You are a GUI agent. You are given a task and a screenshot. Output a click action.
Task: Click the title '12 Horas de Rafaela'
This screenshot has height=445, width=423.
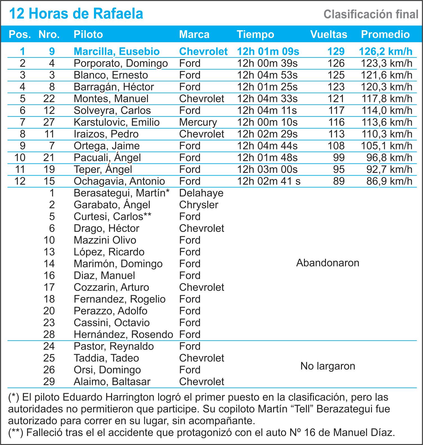click(76, 14)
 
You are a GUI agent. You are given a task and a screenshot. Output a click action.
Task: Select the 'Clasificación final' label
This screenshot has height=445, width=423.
click(371, 14)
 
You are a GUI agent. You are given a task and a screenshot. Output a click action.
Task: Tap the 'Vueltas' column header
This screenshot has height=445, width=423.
click(328, 34)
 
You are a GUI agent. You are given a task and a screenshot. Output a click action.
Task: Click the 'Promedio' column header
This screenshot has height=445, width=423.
click(385, 34)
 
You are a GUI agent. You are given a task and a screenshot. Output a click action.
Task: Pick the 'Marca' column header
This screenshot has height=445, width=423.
click(194, 34)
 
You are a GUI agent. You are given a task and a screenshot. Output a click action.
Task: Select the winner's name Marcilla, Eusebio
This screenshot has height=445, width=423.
click(116, 52)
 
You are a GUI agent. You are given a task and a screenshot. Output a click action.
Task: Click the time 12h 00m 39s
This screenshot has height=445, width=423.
click(267, 63)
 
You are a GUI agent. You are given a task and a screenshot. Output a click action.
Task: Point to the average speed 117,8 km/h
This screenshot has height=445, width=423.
click(387, 99)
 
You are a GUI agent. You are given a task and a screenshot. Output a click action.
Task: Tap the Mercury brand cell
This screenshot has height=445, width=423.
click(198, 122)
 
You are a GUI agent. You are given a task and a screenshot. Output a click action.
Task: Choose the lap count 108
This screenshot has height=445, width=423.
click(336, 146)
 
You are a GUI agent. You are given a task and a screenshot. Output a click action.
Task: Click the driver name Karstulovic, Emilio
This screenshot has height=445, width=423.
click(116, 122)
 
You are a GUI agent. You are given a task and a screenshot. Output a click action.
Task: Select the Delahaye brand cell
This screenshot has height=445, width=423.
click(201, 193)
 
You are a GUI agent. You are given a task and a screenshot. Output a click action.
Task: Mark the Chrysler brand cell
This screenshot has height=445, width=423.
click(199, 205)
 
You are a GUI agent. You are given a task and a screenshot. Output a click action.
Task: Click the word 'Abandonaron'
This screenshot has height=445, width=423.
click(328, 263)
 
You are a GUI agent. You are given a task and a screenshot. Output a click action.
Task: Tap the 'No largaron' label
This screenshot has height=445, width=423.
click(328, 366)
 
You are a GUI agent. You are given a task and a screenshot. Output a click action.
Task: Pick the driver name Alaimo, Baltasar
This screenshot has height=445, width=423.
click(112, 382)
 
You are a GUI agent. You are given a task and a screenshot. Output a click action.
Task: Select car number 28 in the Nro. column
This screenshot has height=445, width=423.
click(49, 334)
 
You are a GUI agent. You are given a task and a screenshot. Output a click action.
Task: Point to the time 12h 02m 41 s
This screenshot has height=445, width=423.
click(269, 181)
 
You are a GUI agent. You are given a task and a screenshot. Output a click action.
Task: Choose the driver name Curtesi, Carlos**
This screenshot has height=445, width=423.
click(112, 217)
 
